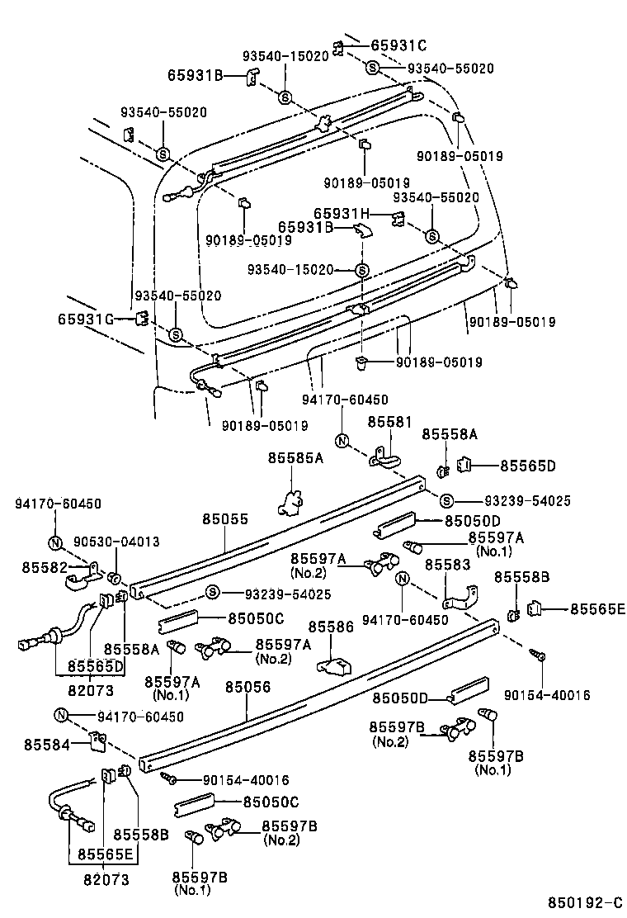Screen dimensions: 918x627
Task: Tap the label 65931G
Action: (x=85, y=319)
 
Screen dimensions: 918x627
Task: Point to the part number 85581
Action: (x=389, y=421)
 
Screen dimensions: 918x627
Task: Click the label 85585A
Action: (x=295, y=457)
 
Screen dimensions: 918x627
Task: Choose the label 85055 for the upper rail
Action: (x=224, y=518)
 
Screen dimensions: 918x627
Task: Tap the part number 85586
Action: (x=332, y=627)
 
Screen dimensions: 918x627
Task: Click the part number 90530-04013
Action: (x=115, y=542)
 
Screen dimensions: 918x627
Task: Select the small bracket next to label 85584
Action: (x=97, y=743)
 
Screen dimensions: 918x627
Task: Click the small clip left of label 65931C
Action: (x=338, y=47)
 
